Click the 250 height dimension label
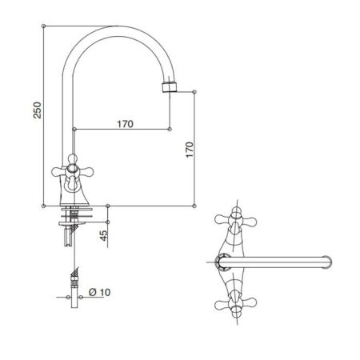pyautogui.click(x=38, y=110)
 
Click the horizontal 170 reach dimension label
pyautogui.click(x=125, y=124)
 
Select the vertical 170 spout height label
pyautogui.click(x=190, y=150)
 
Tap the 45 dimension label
pyautogui.click(x=103, y=235)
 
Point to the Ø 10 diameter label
pyautogui.click(x=99, y=292)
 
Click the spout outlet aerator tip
pyautogui.click(x=170, y=87)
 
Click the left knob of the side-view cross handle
pyautogui.click(x=56, y=172)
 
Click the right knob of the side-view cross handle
pyautogui.click(x=88, y=172)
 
